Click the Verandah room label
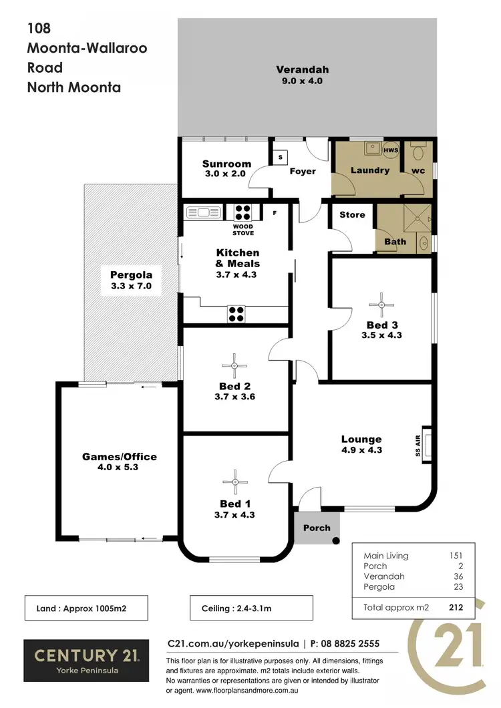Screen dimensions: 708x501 (303, 69)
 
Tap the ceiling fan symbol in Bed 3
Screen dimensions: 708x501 (381, 304)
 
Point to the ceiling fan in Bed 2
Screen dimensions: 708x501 (234, 365)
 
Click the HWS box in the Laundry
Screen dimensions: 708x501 (391, 150)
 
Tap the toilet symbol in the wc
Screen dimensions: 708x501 (418, 152)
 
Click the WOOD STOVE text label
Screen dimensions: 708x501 (243, 230)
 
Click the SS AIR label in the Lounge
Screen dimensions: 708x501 (415, 441)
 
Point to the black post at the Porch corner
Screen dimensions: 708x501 (336, 540)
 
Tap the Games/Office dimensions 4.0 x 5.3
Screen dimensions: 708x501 (120, 468)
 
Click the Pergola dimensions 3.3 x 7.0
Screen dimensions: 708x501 (132, 286)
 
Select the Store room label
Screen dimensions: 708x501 (352, 214)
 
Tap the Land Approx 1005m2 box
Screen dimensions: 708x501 (86, 608)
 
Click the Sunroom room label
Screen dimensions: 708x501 (226, 164)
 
